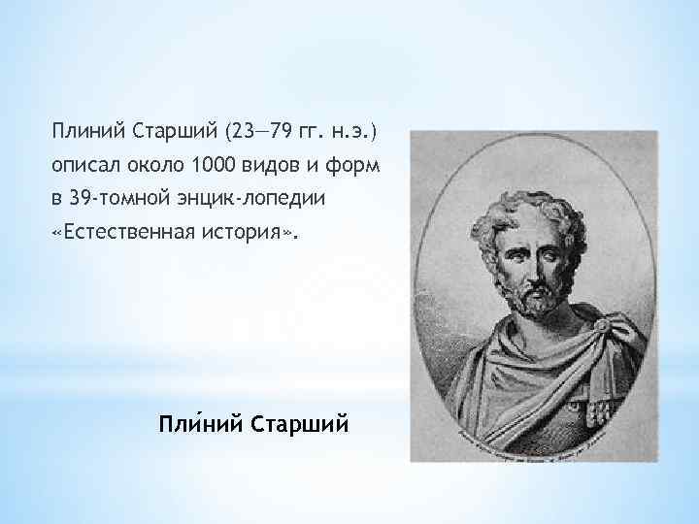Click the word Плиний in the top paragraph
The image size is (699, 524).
tap(84, 130)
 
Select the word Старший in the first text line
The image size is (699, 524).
tap(162, 130)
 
